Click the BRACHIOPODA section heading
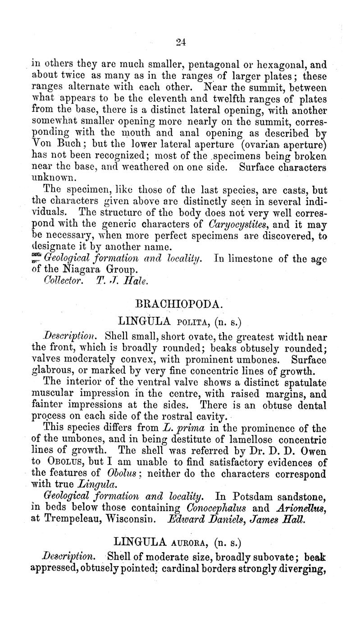(180, 304)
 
